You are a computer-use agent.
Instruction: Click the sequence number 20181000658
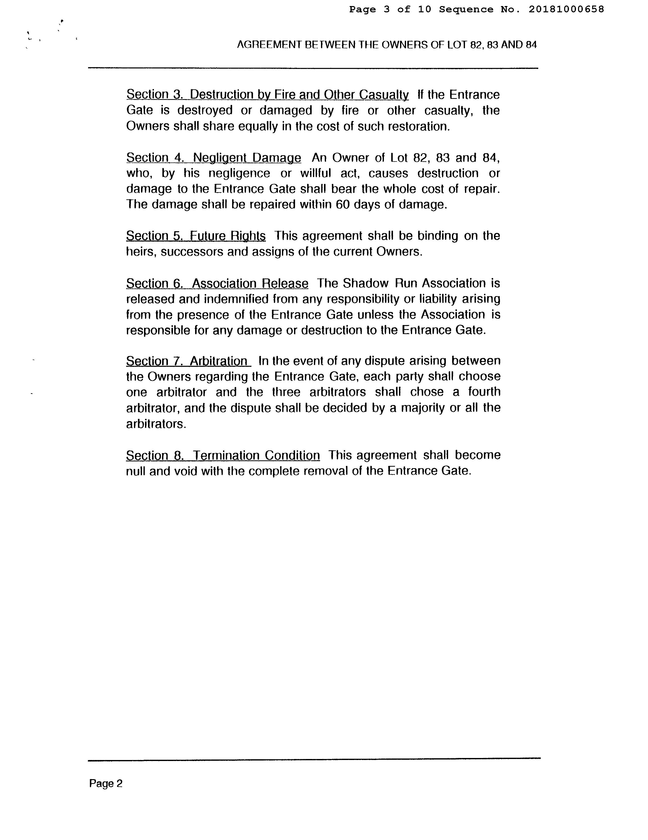(x=566, y=10)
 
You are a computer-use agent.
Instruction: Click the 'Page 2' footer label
(x=105, y=783)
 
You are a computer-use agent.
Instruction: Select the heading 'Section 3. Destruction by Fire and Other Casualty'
(x=267, y=95)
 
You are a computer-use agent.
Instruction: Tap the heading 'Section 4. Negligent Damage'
(x=213, y=158)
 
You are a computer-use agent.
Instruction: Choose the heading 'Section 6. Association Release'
(x=217, y=284)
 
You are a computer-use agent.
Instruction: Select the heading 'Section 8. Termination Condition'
(x=223, y=455)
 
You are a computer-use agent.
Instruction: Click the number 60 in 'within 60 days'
(x=342, y=204)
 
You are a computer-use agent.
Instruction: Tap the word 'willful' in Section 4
(x=315, y=174)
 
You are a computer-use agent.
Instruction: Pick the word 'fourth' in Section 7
(x=484, y=392)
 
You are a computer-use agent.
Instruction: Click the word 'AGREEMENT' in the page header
(x=269, y=45)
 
